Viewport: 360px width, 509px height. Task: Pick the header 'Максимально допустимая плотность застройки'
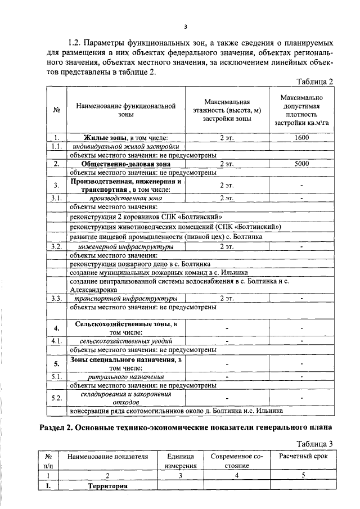click(301, 110)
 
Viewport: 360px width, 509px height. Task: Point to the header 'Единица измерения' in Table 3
click(181, 461)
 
